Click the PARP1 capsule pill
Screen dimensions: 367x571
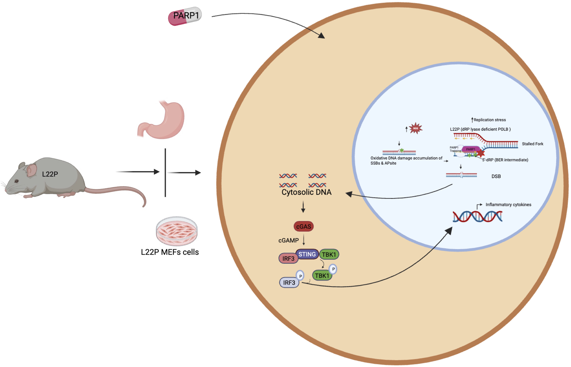pos(185,16)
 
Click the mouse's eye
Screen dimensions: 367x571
pos(16,181)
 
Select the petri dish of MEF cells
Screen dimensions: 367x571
pos(177,231)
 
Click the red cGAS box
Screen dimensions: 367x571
pos(304,227)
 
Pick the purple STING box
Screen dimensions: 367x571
pos(307,254)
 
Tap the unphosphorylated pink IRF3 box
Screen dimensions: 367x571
pos(288,259)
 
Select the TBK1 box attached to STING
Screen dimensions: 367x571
pos(329,255)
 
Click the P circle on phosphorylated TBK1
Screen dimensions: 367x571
pos(333,269)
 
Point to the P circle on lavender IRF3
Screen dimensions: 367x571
pos(300,276)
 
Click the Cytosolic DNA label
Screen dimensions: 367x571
pos(306,193)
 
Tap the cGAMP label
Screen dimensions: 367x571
pos(288,240)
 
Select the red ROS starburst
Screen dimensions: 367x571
pos(415,128)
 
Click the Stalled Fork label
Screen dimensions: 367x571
pos(532,144)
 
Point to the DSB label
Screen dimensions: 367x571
pos(496,176)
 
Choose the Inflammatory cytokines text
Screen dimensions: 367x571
pos(508,205)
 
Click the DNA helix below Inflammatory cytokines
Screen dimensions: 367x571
pos(477,217)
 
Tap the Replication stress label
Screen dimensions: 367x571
pos(489,120)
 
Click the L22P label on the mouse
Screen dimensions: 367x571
pos(50,174)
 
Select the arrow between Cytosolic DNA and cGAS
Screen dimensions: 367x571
pos(303,207)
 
